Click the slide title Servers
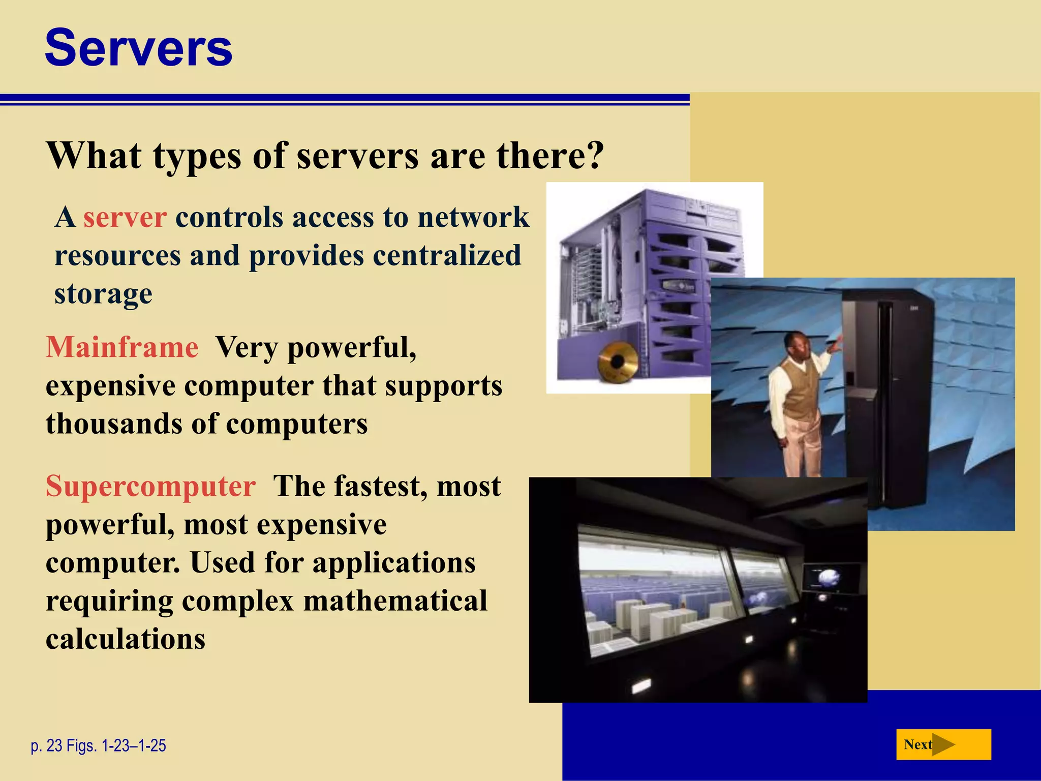pos(138,48)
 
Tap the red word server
pos(125,218)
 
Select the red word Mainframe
pos(122,348)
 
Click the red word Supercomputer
pos(150,486)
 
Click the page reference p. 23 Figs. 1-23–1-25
pos(99,745)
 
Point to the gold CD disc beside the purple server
pos(617,362)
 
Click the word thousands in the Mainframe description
pos(114,424)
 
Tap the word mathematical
pos(395,601)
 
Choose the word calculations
pos(125,639)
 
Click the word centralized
pos(447,256)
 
